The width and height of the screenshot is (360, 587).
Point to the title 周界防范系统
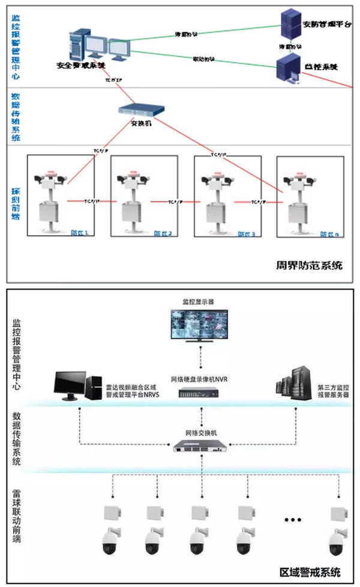[310, 264]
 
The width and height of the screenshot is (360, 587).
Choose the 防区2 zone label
[163, 234]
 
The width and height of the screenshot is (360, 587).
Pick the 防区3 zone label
[246, 234]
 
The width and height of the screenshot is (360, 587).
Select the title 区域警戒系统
[310, 571]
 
